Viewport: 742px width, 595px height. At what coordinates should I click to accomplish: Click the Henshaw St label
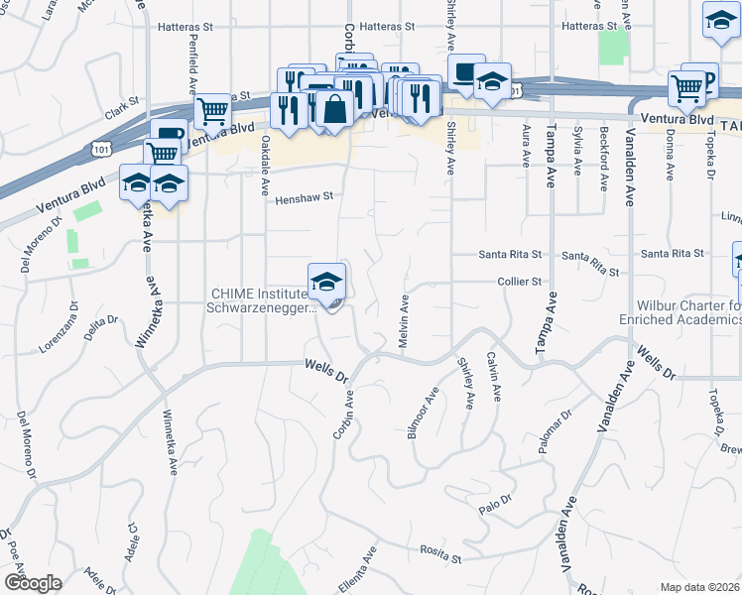coord(304,196)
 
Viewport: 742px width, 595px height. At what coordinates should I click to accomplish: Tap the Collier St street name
coord(520,282)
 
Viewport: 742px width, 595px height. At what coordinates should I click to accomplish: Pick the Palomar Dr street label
coord(556,432)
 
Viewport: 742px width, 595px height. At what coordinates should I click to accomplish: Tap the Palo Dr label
coord(493,503)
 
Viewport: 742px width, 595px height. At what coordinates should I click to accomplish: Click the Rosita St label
coord(441,558)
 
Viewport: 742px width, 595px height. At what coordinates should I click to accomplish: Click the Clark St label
coord(128,102)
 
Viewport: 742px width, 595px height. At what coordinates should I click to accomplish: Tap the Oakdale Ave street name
coord(265,166)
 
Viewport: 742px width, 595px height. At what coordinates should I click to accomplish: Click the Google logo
coord(32,583)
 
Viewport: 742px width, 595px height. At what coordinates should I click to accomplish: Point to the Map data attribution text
coord(700,587)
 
